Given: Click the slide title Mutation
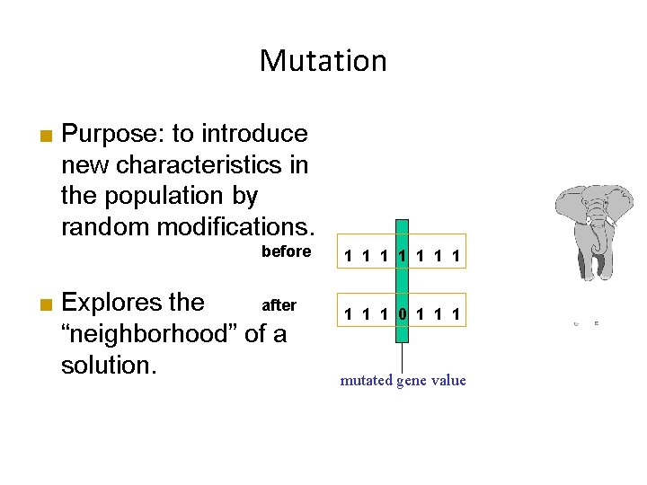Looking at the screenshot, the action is click(x=323, y=61).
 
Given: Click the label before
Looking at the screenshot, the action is click(x=286, y=251).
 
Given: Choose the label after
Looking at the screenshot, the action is click(x=279, y=305).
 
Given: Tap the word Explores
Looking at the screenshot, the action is click(x=132, y=302).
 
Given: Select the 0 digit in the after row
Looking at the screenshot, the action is click(x=403, y=314).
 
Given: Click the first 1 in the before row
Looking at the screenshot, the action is click(x=347, y=259).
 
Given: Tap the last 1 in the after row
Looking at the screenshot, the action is click(x=458, y=314).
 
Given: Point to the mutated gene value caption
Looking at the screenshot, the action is click(x=403, y=380).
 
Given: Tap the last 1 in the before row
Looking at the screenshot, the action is click(x=458, y=259).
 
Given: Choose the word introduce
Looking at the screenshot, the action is click(x=254, y=134).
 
